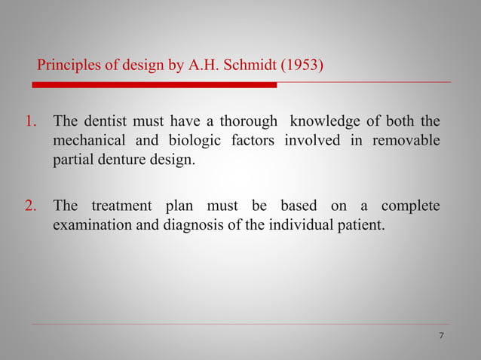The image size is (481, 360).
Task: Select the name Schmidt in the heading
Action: [x=249, y=66]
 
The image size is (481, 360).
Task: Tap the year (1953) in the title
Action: [x=302, y=66]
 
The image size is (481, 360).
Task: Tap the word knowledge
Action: [x=323, y=122]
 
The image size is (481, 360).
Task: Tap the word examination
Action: [x=90, y=224]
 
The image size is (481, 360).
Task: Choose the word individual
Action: [x=302, y=224]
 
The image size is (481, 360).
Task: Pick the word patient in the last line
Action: [x=362, y=224]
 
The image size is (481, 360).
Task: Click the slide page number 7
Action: [x=441, y=335]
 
